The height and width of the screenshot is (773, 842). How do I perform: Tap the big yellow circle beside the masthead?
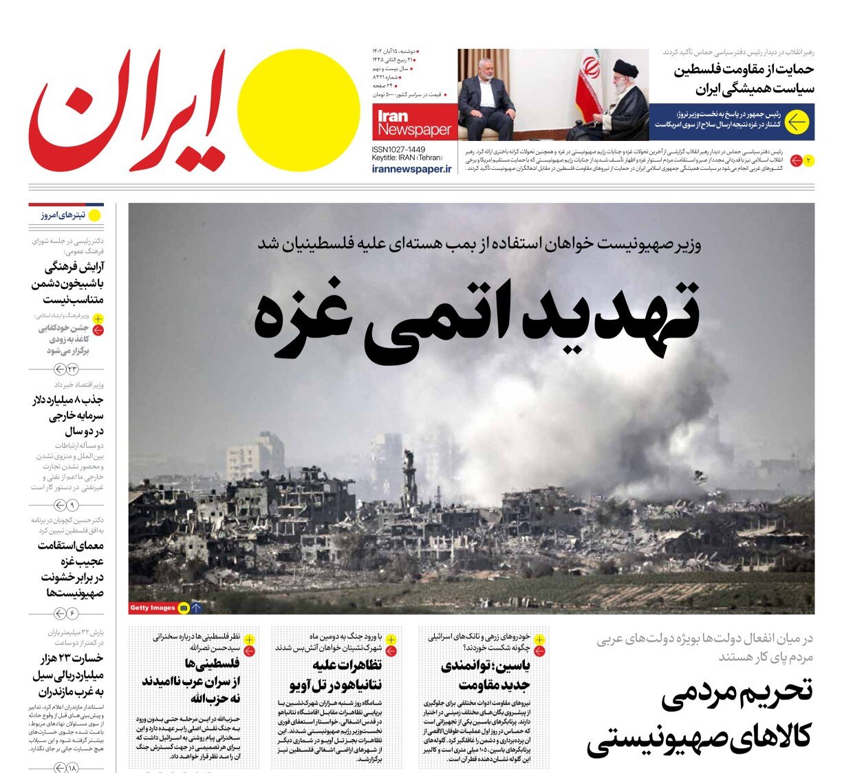click(x=299, y=111)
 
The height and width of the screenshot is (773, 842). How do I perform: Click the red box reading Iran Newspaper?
click(x=414, y=123)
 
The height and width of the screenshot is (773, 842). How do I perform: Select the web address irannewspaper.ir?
click(x=411, y=169)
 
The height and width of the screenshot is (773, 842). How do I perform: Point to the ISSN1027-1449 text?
click(x=398, y=149)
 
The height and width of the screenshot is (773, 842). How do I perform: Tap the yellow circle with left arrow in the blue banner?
click(x=797, y=122)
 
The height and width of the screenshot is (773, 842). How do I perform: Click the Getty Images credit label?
click(x=153, y=608)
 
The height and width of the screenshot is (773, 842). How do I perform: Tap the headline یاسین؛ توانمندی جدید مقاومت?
click(x=485, y=675)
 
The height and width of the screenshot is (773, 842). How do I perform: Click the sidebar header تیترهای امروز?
click(x=63, y=215)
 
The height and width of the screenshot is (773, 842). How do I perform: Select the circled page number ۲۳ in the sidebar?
click(x=72, y=370)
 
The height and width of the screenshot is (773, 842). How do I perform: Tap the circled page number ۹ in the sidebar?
click(x=72, y=505)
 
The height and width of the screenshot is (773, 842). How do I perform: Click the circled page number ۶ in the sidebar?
click(x=72, y=613)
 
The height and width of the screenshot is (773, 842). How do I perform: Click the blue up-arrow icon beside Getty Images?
click(x=197, y=608)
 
